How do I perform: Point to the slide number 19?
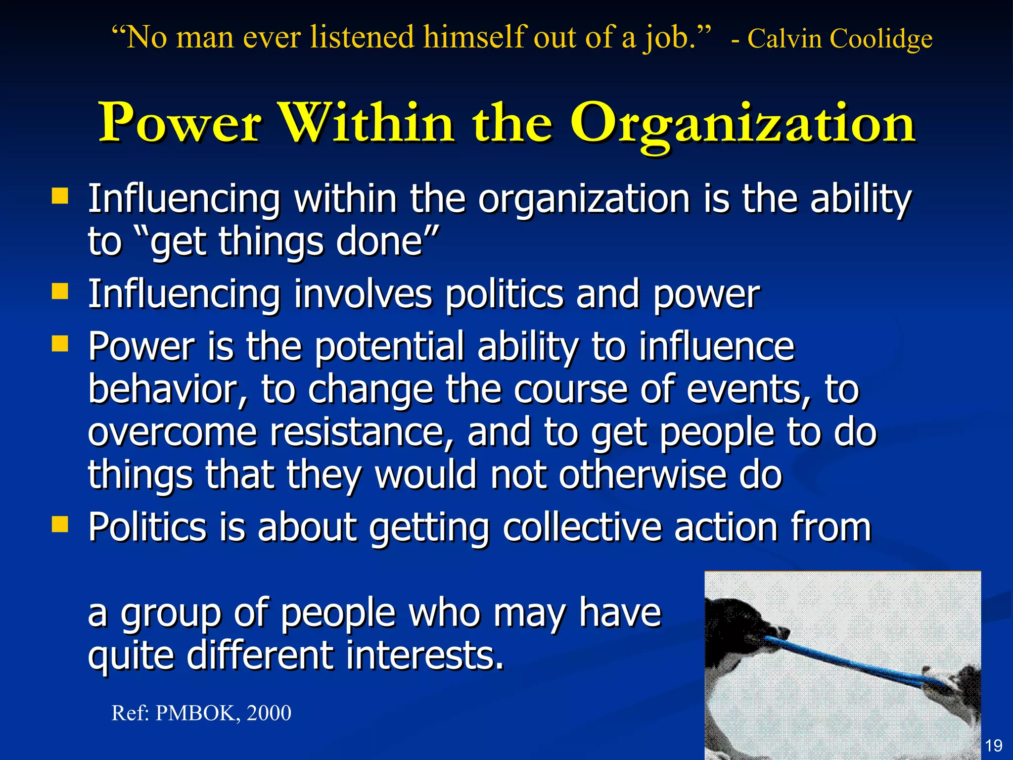point(994,745)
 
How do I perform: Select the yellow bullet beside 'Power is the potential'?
point(60,343)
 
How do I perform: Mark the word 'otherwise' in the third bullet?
point(642,475)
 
